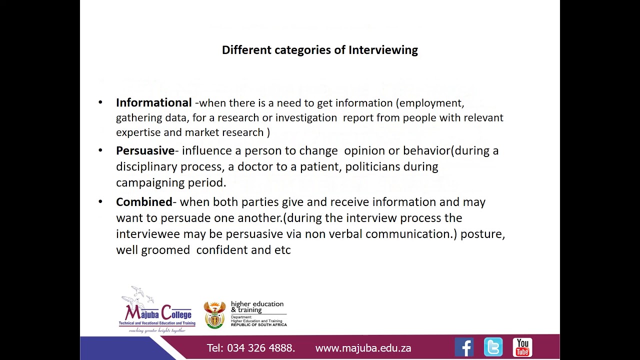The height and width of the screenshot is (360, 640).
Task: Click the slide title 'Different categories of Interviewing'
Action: [x=320, y=50]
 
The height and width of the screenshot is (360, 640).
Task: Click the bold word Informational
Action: [x=154, y=102]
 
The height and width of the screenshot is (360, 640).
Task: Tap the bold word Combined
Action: [x=144, y=202]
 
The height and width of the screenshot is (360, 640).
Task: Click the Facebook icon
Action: [x=464, y=347]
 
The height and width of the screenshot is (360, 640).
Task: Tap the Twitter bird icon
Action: [x=493, y=347]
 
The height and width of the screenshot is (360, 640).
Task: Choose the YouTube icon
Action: [x=522, y=347]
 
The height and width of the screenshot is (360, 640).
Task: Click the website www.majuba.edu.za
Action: [x=363, y=348]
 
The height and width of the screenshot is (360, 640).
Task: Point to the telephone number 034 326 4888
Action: [x=260, y=348]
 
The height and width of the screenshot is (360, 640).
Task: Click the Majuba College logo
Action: [x=156, y=310]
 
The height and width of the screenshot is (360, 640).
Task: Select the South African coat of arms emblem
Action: [x=215, y=314]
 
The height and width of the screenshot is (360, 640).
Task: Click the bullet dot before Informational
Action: [x=100, y=102]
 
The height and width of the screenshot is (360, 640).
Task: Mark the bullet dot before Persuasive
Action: [x=100, y=150]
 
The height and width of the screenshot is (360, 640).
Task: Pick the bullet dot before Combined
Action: [x=100, y=202]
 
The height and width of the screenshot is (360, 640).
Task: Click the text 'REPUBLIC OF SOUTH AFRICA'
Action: [x=258, y=325]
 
